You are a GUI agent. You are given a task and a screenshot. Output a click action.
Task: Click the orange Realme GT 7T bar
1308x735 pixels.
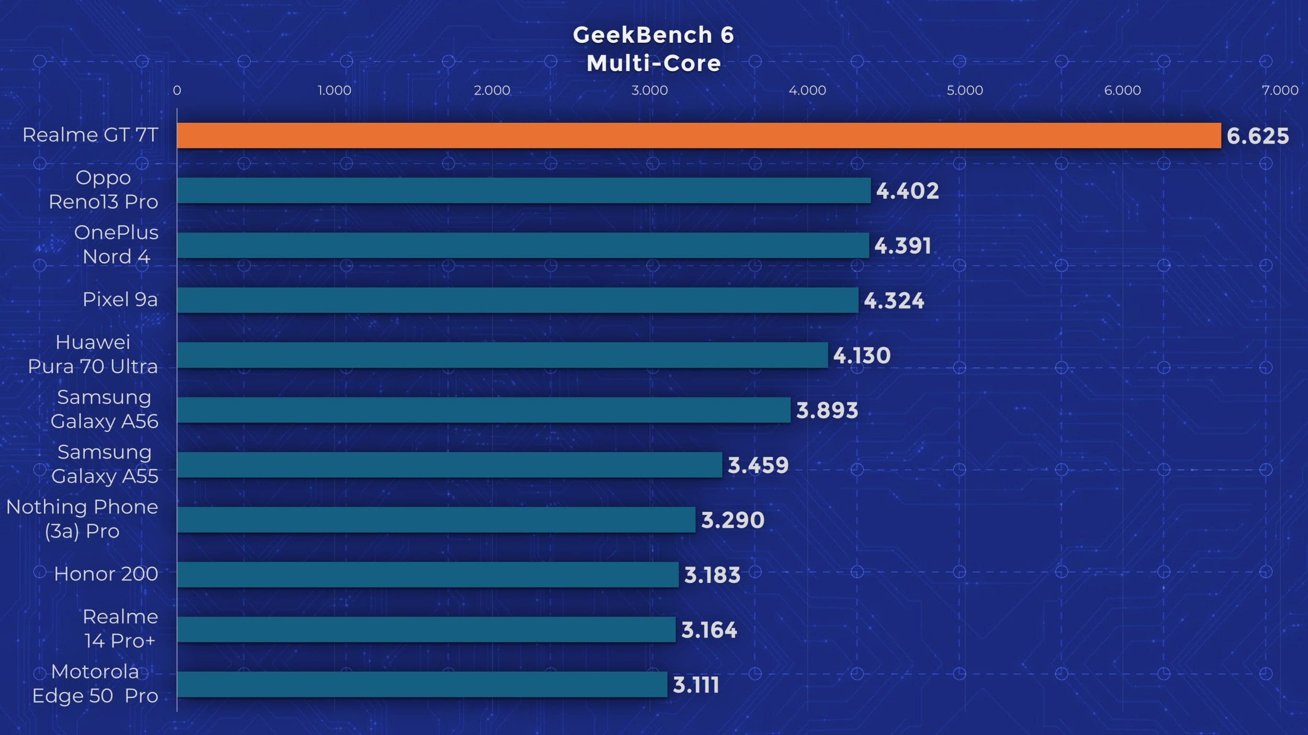point(698,136)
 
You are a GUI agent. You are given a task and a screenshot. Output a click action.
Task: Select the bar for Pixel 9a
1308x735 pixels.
point(517,300)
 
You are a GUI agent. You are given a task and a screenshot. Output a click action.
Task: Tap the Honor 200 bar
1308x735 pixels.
point(427,575)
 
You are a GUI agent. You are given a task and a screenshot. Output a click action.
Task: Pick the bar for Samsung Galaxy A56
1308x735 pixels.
point(483,410)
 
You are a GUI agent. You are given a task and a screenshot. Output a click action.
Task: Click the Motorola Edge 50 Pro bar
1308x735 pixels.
point(422,684)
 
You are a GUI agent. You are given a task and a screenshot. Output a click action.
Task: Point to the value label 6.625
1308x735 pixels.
point(1257,136)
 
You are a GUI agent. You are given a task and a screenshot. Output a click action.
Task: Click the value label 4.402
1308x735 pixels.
point(907,191)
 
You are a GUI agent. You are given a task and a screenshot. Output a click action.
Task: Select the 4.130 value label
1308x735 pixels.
point(862,355)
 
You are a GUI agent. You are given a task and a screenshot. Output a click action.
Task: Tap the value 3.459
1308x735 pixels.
point(758,465)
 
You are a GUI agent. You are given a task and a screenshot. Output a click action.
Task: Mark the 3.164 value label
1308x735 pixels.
point(709,630)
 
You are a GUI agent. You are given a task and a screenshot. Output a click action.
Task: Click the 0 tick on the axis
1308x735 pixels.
point(177,90)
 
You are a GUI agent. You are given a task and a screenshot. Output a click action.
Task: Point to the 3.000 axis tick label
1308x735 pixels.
point(649,90)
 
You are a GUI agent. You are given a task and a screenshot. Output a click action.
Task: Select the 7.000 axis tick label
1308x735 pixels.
point(1280,90)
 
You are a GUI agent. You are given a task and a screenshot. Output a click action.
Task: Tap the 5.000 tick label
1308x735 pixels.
point(965,90)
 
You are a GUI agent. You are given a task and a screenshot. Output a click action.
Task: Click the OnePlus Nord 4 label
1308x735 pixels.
point(116,245)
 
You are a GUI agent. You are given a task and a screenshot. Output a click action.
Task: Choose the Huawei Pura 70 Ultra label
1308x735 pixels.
point(93,354)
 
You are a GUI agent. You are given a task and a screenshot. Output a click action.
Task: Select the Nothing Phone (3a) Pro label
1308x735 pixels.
point(82,519)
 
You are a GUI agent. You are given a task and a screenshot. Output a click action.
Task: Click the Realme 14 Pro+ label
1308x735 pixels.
point(120,629)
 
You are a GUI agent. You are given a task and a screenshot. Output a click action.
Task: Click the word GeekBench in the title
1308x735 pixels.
point(642,35)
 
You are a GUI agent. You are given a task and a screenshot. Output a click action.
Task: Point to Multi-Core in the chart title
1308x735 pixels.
point(653,64)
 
